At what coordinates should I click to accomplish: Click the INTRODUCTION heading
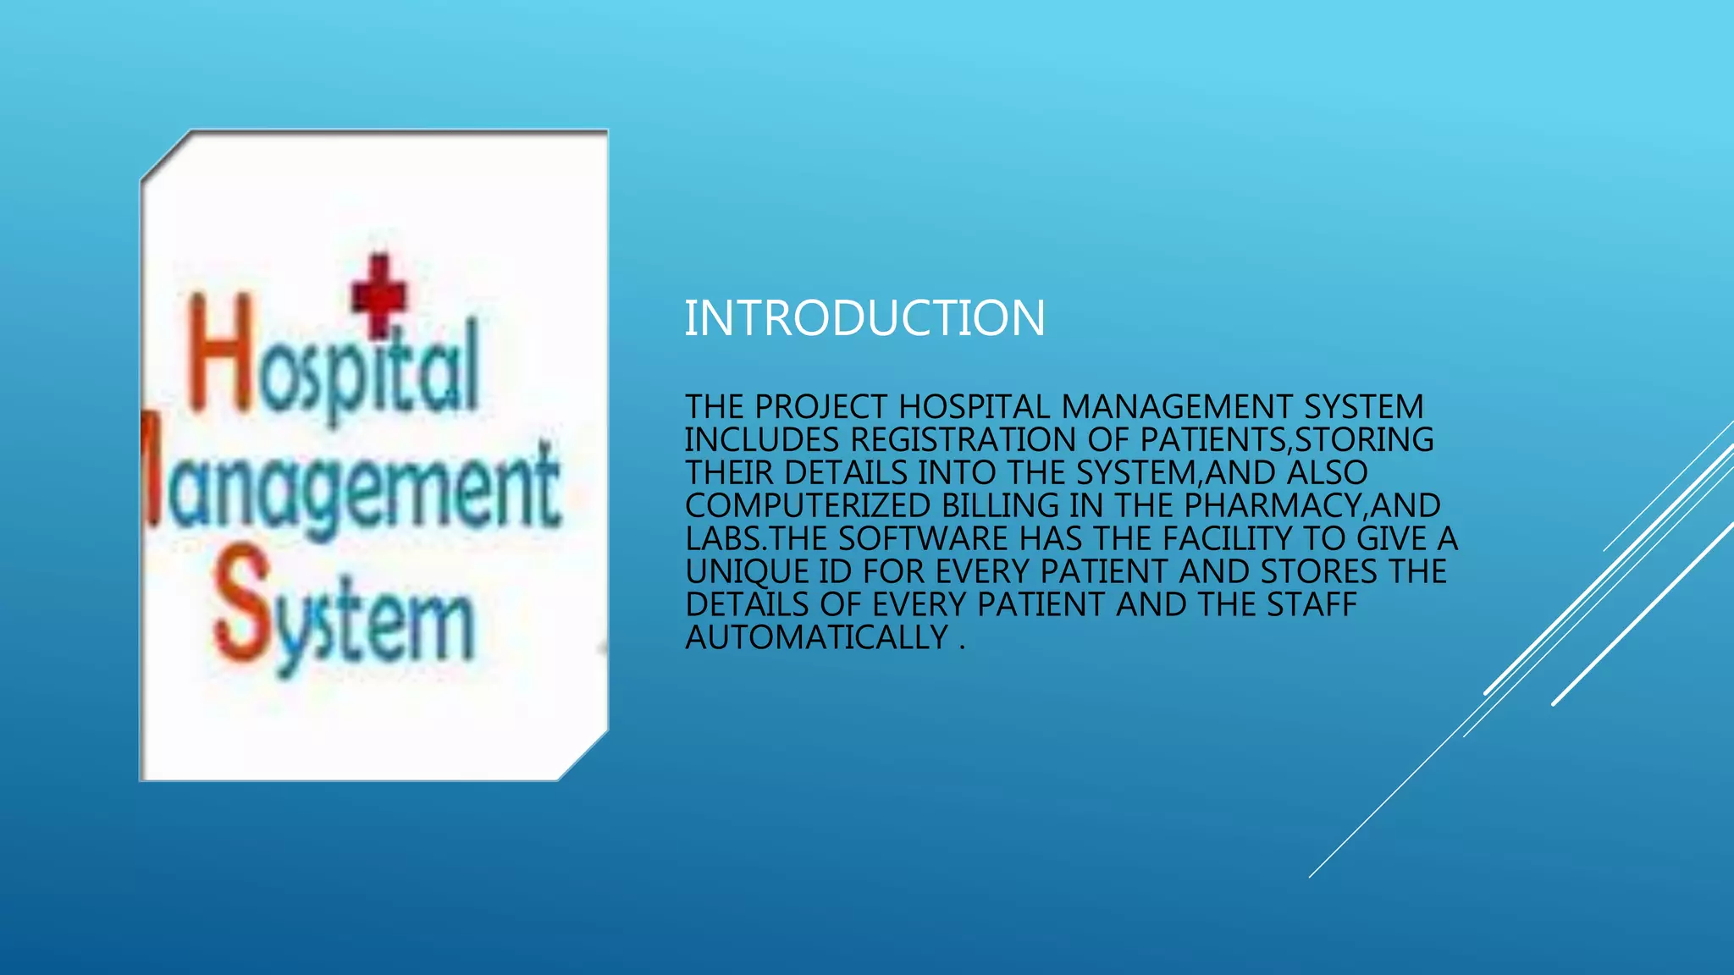coord(864,318)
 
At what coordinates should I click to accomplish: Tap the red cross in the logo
coord(379,295)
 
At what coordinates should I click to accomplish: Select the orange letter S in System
coord(241,603)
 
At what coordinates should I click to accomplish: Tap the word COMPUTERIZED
coord(808,506)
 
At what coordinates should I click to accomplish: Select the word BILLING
coord(1000,506)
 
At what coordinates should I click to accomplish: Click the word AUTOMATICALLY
coord(817,637)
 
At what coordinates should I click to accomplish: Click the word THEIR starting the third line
coord(729,473)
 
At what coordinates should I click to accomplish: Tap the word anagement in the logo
coord(356,491)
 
